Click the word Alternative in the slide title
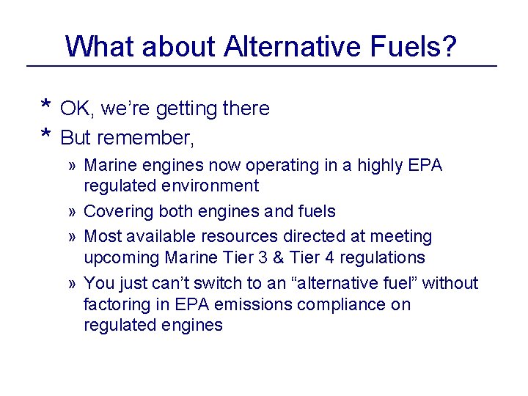tap(293, 46)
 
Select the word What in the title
tap(100, 46)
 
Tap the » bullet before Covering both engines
tap(73, 212)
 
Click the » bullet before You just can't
tap(73, 283)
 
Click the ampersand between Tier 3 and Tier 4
tap(292, 257)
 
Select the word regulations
tap(386, 257)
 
